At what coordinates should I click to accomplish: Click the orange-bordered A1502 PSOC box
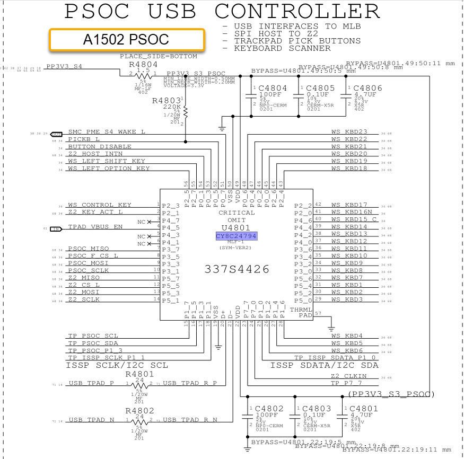pos(126,40)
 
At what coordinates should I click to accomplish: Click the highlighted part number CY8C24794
pos(237,235)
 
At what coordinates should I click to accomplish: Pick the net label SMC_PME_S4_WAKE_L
pos(107,132)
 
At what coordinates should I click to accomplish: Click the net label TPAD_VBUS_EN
pos(95,227)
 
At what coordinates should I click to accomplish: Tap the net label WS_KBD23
pos(349,132)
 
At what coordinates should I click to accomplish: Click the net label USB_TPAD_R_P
pos(190,383)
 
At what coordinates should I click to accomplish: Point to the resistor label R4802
pos(140,410)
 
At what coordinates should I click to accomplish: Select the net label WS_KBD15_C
pos(354,219)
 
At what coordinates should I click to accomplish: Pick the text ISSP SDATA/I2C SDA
pos(325,366)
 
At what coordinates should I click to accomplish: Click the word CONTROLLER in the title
pos(298,11)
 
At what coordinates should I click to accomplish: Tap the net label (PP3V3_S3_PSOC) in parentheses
pos(392,394)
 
